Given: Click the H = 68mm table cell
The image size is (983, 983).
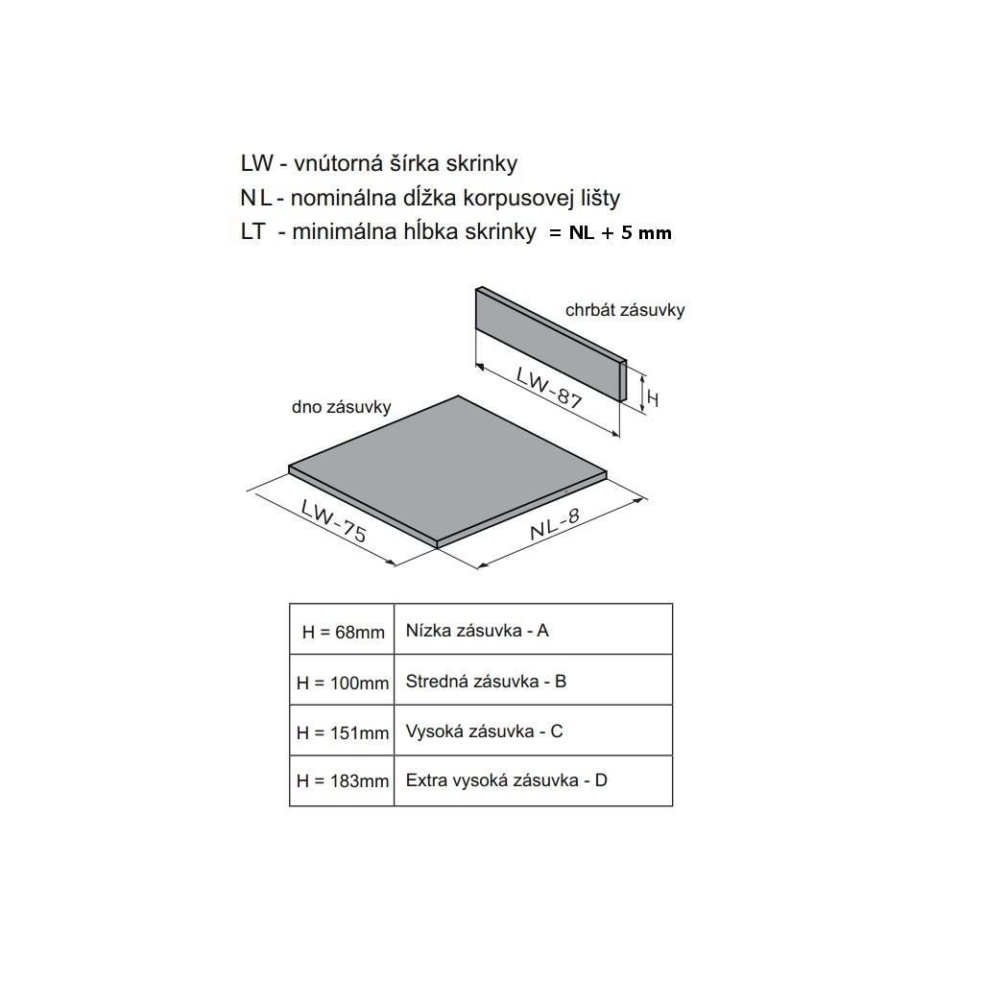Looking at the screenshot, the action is pos(342,631).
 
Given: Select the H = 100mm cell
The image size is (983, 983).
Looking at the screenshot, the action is pos(342,683).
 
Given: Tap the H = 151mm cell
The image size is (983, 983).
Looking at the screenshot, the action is pos(342,732).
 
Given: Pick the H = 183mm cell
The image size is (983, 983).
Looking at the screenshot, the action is pos(342,781).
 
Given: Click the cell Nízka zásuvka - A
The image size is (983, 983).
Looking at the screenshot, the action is pos(533,631).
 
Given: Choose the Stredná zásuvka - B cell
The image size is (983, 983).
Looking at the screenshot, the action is pos(533,682).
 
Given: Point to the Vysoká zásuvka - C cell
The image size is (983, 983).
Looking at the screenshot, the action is pos(533,731).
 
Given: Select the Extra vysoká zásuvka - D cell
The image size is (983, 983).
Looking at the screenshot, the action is pos(533,780).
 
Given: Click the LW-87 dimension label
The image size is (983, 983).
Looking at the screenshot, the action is pos(549,389).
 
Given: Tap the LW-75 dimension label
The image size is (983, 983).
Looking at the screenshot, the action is pos(332,521).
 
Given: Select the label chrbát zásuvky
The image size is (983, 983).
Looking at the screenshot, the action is pos(625,311).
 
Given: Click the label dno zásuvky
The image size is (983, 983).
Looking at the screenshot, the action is pos(342,407).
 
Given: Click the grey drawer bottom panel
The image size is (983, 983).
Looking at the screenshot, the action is pos(448,470).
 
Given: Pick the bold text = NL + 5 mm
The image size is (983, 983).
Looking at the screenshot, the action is pos(611,233).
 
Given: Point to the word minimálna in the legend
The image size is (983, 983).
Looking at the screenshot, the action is pos(333,232).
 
